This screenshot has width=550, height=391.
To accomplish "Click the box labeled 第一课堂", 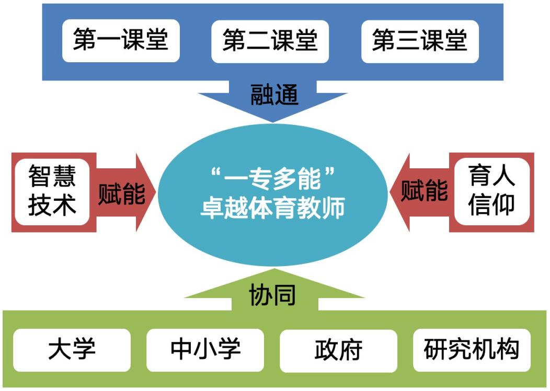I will click(x=121, y=41).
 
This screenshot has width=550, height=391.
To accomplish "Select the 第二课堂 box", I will click(x=270, y=41).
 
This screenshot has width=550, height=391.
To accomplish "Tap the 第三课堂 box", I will click(x=419, y=41).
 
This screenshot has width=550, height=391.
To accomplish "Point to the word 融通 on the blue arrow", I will click(x=274, y=95).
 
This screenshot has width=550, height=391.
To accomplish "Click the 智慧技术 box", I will click(x=52, y=191).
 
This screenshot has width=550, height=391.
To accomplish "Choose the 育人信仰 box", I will click(x=491, y=191).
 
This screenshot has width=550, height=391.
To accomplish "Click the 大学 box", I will click(x=72, y=350).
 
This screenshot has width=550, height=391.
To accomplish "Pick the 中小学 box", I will click(x=205, y=350).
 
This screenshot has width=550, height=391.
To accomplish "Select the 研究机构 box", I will click(x=472, y=350).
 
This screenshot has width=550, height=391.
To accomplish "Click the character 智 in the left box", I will click(x=40, y=177).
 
